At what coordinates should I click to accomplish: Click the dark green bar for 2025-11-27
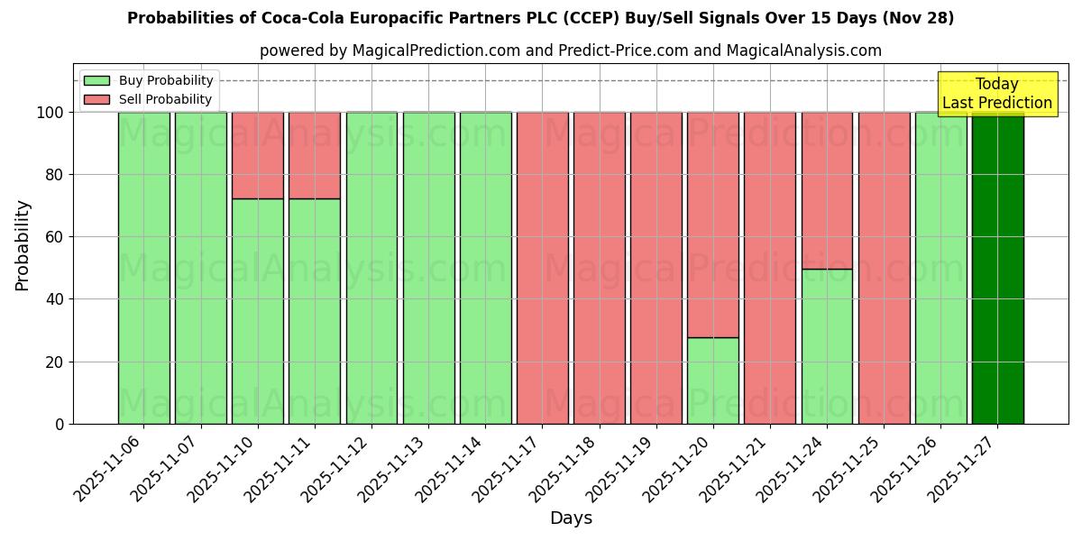pyautogui.click(x=997, y=268)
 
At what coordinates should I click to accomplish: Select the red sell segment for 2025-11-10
pyautogui.click(x=258, y=155)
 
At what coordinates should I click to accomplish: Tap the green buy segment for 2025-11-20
pyautogui.click(x=713, y=381)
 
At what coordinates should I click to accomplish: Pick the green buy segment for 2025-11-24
pyautogui.click(x=827, y=346)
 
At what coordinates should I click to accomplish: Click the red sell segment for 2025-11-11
pyautogui.click(x=315, y=155)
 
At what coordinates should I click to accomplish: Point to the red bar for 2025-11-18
pyautogui.click(x=600, y=268)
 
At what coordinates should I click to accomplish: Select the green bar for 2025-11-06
pyautogui.click(x=144, y=268)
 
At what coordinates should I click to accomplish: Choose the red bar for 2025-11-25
pyautogui.click(x=884, y=268)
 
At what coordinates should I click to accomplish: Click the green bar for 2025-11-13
pyautogui.click(x=428, y=268)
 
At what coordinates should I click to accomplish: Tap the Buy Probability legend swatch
pyautogui.click(x=96, y=80)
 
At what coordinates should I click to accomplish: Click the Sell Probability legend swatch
pyautogui.click(x=96, y=99)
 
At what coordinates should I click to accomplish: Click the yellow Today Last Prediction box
pyautogui.click(x=997, y=94)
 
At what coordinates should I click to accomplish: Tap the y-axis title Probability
pyautogui.click(x=23, y=244)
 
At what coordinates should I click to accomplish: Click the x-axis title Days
pyautogui.click(x=571, y=518)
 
